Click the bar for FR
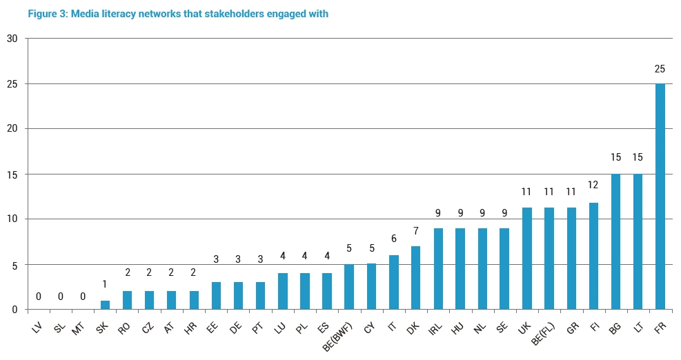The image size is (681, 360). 660,197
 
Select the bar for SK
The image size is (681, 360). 105,305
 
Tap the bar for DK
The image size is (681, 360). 415,278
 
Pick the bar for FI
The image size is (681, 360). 593,256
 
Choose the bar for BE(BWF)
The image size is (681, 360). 349,287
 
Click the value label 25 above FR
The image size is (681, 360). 660,69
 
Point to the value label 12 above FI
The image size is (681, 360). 593,185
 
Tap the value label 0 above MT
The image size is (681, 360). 83,296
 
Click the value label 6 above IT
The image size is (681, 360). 393,239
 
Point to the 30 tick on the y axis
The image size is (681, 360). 12,39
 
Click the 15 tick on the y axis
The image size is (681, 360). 12,174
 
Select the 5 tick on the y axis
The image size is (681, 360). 14,265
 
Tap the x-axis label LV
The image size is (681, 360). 37,327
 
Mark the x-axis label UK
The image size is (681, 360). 524,327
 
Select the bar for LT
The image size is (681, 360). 638,242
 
